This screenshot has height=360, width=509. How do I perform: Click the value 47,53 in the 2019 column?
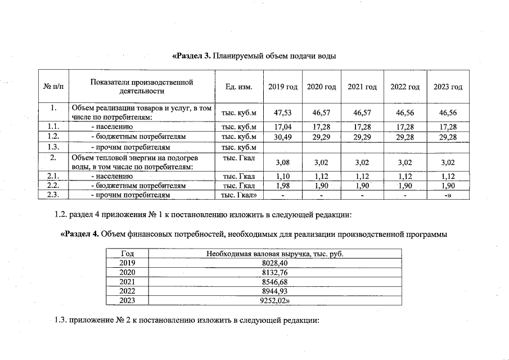click(282, 112)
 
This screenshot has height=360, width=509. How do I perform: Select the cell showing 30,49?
click(282, 137)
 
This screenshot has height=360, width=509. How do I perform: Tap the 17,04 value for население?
click(282, 127)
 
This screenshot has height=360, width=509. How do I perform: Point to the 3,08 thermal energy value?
click(282, 163)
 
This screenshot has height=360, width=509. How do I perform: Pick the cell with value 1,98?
click(282, 186)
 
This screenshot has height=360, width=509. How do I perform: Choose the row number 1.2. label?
click(53, 137)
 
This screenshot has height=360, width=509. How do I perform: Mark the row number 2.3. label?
click(53, 195)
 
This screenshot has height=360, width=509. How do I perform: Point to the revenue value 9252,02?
click(275, 301)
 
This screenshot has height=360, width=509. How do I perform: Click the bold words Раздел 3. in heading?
click(192, 56)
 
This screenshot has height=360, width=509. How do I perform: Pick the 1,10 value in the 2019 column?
click(282, 177)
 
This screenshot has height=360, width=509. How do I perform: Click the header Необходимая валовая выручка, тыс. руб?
click(274, 254)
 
